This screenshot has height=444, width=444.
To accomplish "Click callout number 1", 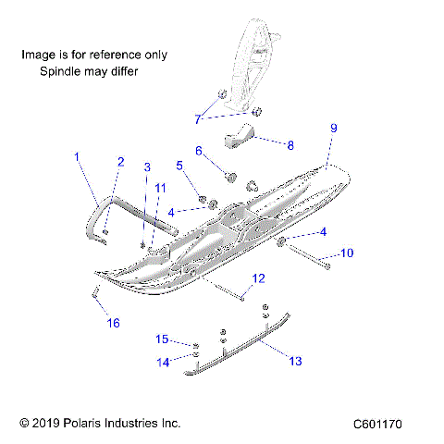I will click(x=78, y=157).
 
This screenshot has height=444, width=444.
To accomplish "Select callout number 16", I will click(x=114, y=322).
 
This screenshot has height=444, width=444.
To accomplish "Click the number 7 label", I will click(x=197, y=118).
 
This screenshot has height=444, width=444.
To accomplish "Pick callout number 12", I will click(x=258, y=277).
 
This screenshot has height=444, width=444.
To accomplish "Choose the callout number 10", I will click(x=348, y=252).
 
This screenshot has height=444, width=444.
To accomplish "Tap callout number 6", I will click(x=197, y=150).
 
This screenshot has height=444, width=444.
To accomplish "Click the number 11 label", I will click(x=161, y=188).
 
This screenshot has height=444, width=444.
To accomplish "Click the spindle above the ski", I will click(x=252, y=65).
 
